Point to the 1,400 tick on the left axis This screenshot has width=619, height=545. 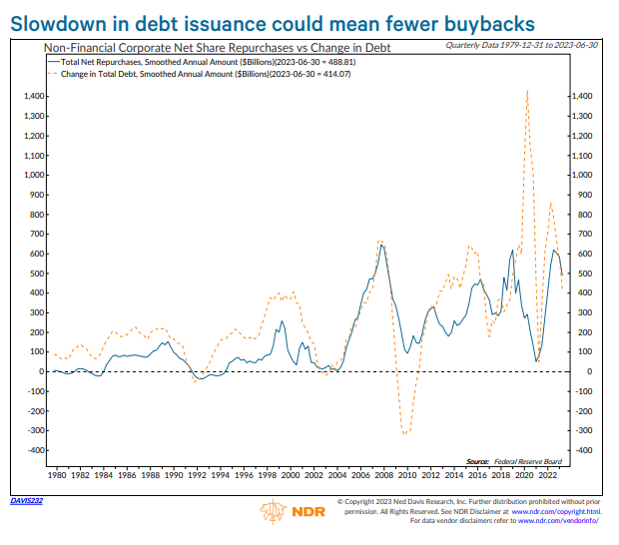coord(30,97)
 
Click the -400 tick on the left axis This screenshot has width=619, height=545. coord(33,451)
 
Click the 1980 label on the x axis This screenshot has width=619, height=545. coord(58,475)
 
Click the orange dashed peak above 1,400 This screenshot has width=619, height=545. coord(526,91)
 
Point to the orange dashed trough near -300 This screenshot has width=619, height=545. coord(405,434)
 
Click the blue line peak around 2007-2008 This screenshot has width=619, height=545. coord(381,246)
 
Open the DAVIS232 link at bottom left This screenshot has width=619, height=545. coord(26,501)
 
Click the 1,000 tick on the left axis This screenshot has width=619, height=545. coord(30,176)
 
